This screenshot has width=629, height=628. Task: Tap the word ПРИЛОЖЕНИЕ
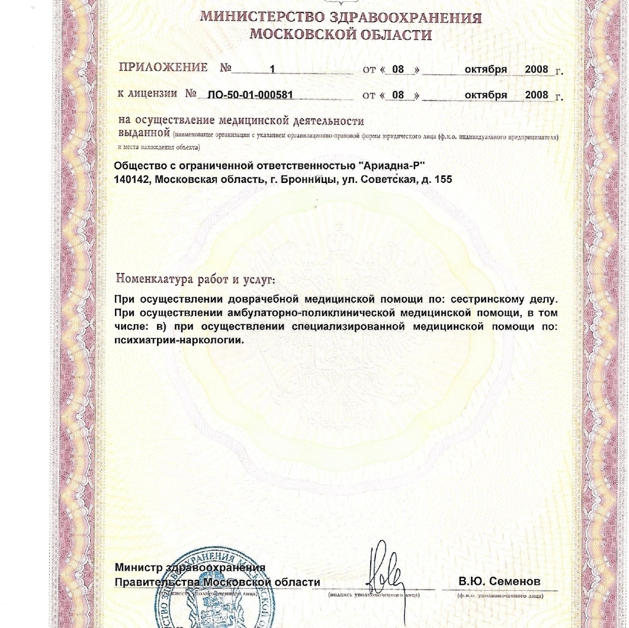163,67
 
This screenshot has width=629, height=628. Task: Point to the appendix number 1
272,69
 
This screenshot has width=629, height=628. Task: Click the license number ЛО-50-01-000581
251,95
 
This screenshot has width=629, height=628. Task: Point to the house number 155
444,179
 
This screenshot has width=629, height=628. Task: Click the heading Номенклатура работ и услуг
195,278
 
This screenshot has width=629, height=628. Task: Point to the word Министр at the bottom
139,568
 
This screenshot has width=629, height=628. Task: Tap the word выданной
144,134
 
